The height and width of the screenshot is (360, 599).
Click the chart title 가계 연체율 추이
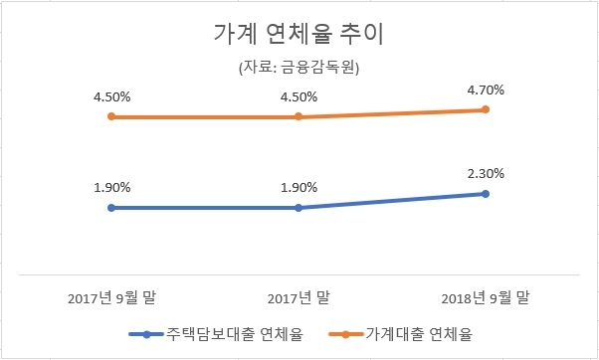tap(299, 35)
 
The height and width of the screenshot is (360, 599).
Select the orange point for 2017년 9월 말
tap(111, 117)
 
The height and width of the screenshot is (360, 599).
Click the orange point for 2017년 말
tap(299, 117)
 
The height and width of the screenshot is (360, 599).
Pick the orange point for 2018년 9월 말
tap(486, 109)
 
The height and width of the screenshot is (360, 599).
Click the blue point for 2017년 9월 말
tap(111, 208)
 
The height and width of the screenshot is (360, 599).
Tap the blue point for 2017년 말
tap(299, 208)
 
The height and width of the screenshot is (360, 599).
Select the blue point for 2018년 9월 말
tap(486, 193)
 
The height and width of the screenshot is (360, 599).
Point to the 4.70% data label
tap(486, 90)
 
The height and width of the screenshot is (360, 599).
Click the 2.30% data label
tap(486, 173)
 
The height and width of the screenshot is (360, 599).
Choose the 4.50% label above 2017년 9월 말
tap(111, 97)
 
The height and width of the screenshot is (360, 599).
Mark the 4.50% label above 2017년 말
tap(299, 97)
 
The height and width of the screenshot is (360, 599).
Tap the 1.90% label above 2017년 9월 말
tap(111, 188)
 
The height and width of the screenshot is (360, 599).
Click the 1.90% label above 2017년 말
tap(299, 188)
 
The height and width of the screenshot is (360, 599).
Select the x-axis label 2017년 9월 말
tap(111, 297)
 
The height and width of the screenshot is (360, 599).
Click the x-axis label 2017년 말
tap(299, 297)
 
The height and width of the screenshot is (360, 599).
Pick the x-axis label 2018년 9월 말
tap(486, 297)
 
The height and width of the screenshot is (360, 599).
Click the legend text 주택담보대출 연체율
tap(234, 334)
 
